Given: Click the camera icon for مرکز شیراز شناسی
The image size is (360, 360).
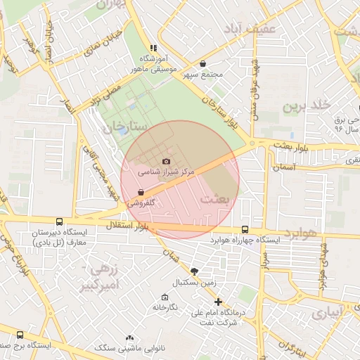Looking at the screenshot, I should point(166,161).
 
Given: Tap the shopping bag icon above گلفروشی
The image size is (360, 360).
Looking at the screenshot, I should point(142,192).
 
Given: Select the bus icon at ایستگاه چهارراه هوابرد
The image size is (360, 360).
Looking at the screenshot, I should point(245,229).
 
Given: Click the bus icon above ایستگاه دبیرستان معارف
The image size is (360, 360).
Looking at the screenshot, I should point(58,221).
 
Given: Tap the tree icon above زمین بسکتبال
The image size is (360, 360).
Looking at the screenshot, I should point(195,271).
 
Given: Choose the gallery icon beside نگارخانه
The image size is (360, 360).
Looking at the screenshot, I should point(165,297).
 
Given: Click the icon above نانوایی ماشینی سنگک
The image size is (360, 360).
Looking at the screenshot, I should point(129,338).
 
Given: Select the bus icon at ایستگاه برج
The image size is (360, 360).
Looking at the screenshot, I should point(20,335).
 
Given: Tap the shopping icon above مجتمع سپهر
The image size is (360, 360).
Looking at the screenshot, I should point(203,63).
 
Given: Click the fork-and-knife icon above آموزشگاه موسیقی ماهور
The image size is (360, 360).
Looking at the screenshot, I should point(153,48).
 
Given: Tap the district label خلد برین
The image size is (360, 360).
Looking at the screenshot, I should point(306,105).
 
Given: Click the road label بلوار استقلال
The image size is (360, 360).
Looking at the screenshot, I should point(124,226).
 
